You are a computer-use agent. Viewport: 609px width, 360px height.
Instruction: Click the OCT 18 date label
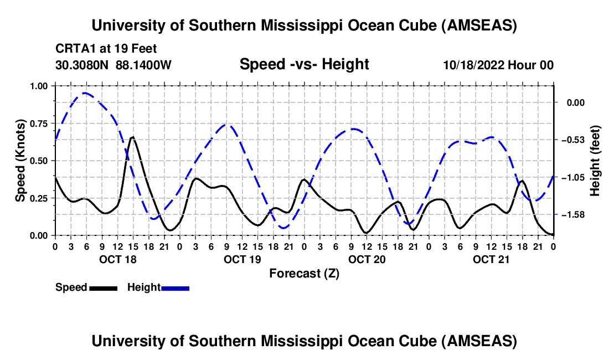click(117, 259)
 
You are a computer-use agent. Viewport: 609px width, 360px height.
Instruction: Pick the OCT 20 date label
click(366, 259)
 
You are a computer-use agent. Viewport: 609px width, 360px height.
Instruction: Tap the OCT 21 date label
click(491, 259)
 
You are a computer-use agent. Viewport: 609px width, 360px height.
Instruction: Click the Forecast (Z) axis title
click(304, 273)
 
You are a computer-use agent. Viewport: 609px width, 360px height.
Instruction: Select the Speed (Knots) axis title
click(20, 161)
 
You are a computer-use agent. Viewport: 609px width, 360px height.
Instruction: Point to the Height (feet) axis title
click(595, 161)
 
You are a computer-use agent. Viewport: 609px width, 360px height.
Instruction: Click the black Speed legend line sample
click(102, 287)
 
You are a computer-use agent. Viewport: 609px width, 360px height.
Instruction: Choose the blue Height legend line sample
click(175, 287)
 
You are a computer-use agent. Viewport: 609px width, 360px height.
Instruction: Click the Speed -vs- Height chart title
click(304, 64)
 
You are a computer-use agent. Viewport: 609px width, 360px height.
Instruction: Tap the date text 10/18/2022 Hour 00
click(498, 65)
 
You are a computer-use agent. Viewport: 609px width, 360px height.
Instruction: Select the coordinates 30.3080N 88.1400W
click(113, 65)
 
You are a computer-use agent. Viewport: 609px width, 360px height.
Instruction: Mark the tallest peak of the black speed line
click(132, 137)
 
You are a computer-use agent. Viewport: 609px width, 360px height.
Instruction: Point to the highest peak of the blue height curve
click(85, 93)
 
